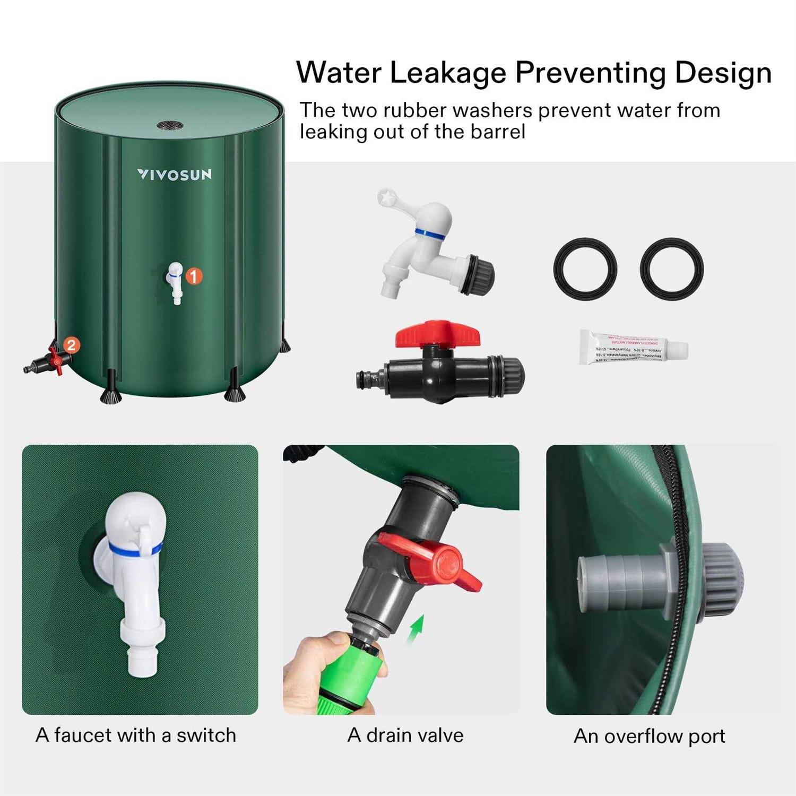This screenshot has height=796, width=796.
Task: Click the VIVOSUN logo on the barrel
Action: point(174,175)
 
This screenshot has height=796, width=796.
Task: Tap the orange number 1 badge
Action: point(194,276)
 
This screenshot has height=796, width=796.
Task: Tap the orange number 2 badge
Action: point(72,345)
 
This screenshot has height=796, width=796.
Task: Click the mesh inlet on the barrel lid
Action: point(170,126)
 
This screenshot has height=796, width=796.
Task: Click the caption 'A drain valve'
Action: point(405,736)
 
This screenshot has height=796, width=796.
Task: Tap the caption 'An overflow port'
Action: point(649,737)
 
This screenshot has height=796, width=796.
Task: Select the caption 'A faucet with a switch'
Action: point(136,736)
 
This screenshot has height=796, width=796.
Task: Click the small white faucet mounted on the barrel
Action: point(175,281)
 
